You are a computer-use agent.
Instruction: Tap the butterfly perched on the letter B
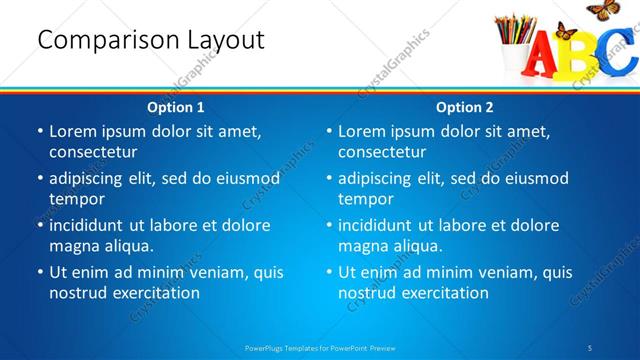click(565, 32)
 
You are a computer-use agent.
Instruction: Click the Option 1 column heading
click(176, 106)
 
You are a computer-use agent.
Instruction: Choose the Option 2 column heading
click(464, 106)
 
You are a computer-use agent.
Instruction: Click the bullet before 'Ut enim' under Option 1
click(40, 271)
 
